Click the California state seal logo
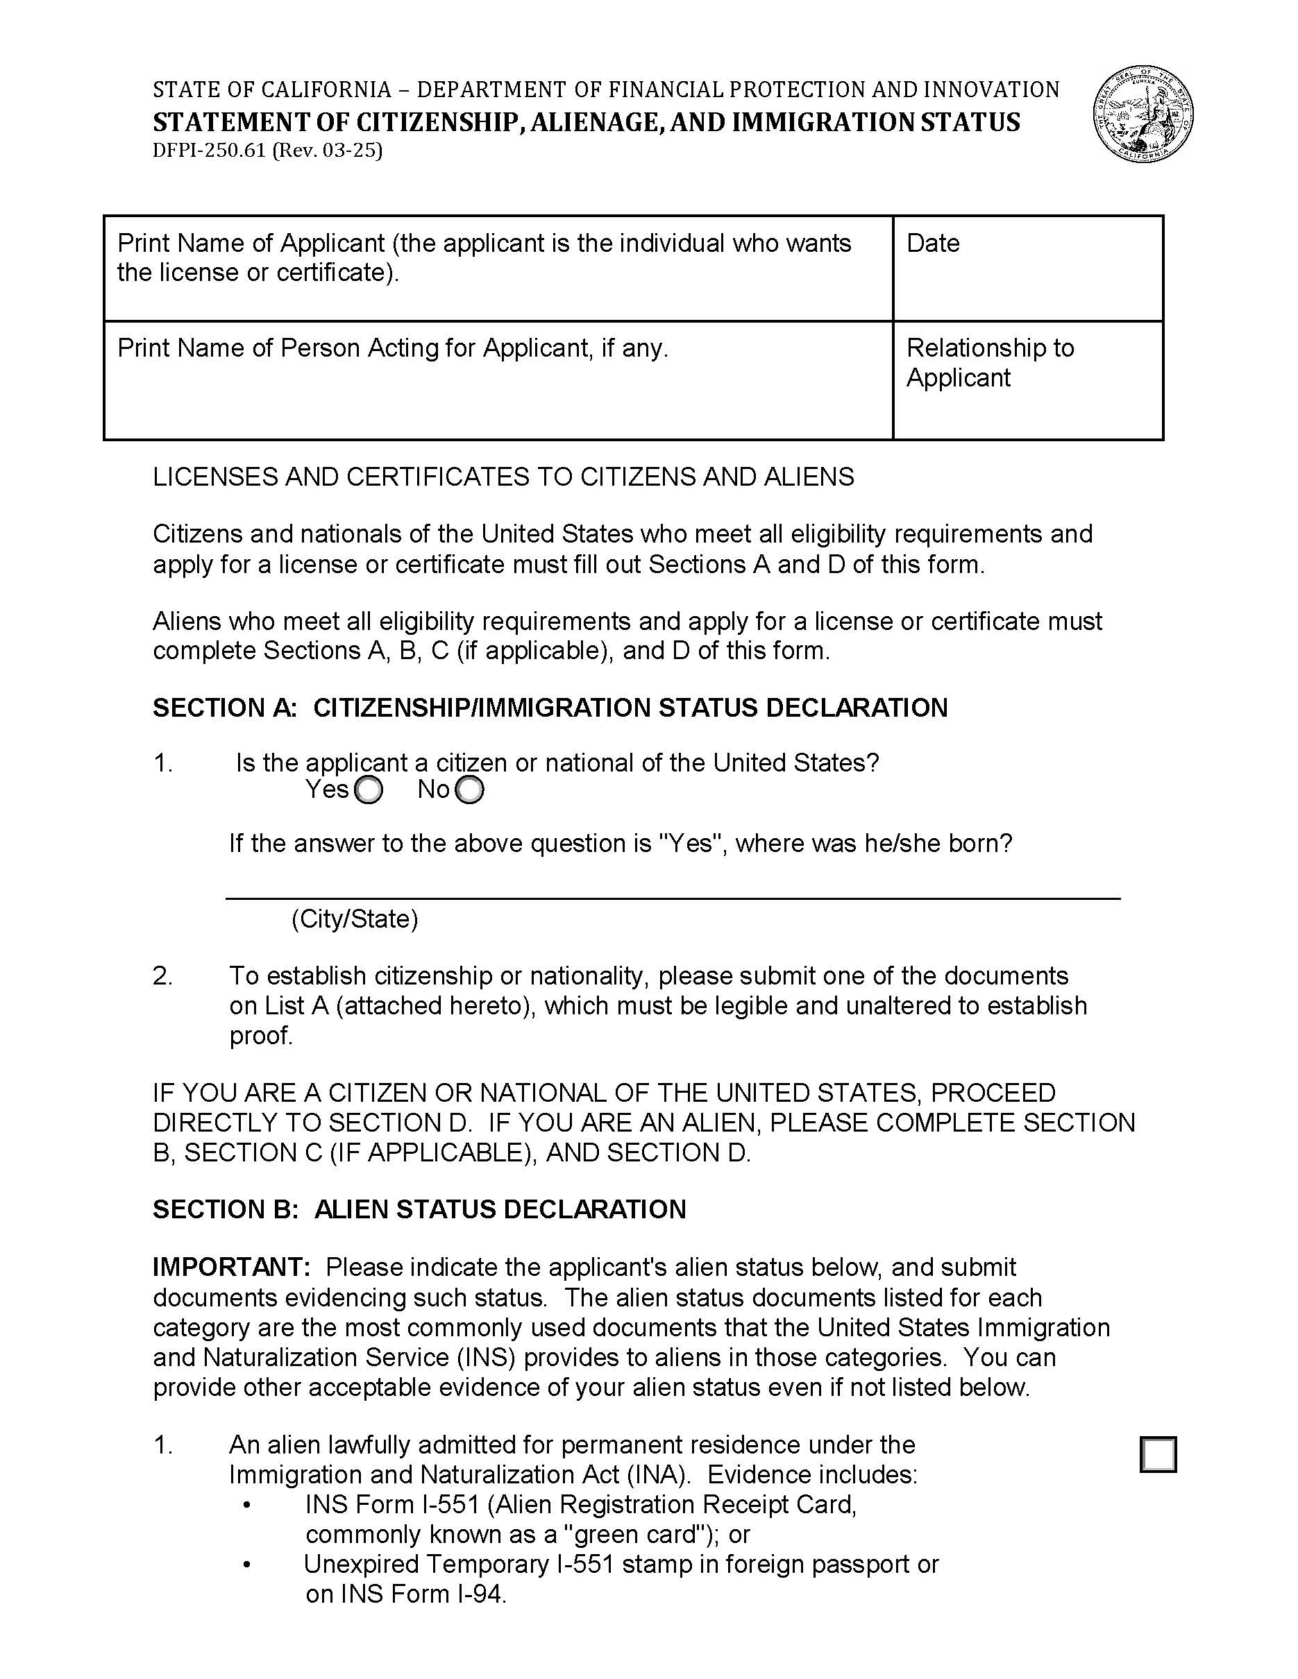pyautogui.click(x=1143, y=114)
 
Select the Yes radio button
pyautogui.click(x=369, y=790)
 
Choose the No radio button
pyautogui.click(x=470, y=790)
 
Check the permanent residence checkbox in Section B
pyautogui.click(x=1158, y=1454)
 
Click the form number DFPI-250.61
pyautogui.click(x=208, y=150)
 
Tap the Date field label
pyautogui.click(x=933, y=243)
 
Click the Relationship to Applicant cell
pyautogui.click(x=1027, y=380)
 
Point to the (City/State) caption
pyautogui.click(x=355, y=919)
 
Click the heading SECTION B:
pyautogui.click(x=224, y=1209)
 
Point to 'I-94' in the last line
pyautogui.click(x=480, y=1594)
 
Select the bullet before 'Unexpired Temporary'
pyautogui.click(x=246, y=1565)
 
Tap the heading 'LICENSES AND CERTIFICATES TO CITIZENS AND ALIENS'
pyautogui.click(x=503, y=477)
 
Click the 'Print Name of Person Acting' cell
pyautogui.click(x=498, y=380)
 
